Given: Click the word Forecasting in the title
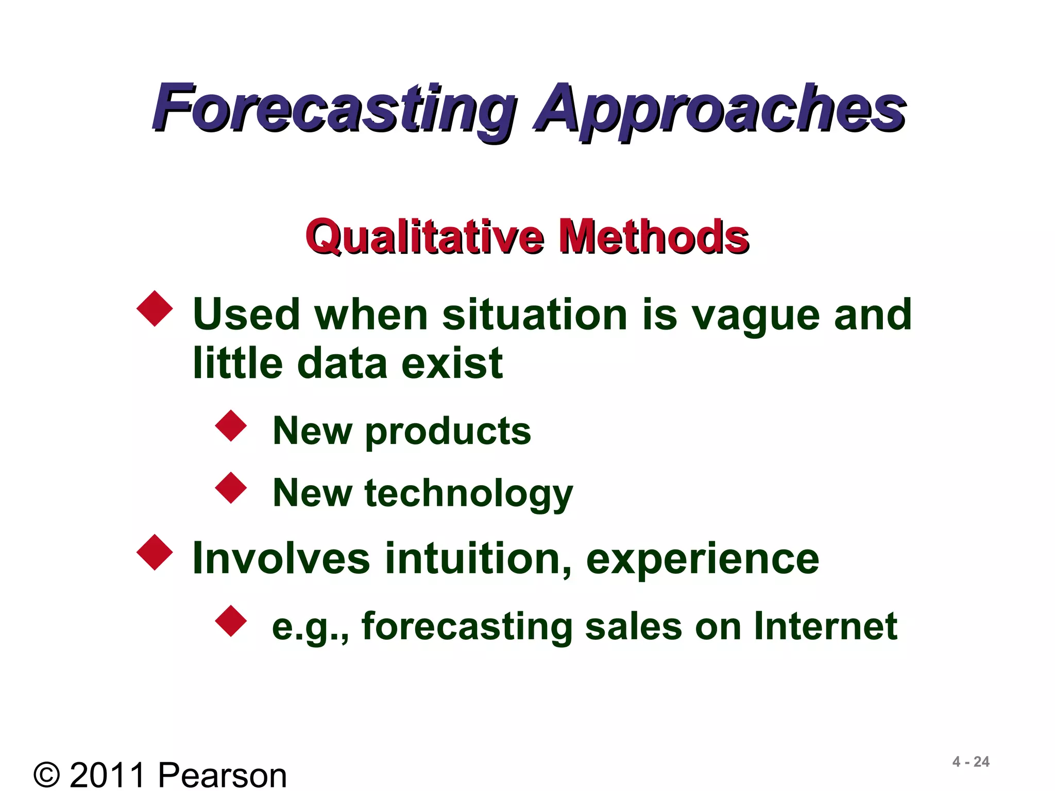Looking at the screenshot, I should [335, 108].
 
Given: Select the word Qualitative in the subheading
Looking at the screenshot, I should [425, 236].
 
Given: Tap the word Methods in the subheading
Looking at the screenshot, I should [654, 236].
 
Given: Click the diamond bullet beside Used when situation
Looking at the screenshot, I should [155, 309].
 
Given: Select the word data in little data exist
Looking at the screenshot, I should [342, 364].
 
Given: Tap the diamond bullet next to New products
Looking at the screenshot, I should [231, 426].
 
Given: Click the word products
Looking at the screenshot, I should [448, 432].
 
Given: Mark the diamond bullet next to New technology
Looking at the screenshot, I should [231, 488].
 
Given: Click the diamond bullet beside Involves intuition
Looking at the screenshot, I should [155, 553].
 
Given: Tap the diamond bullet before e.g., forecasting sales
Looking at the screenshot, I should [231, 621].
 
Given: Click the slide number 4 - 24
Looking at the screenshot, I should [971, 762].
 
